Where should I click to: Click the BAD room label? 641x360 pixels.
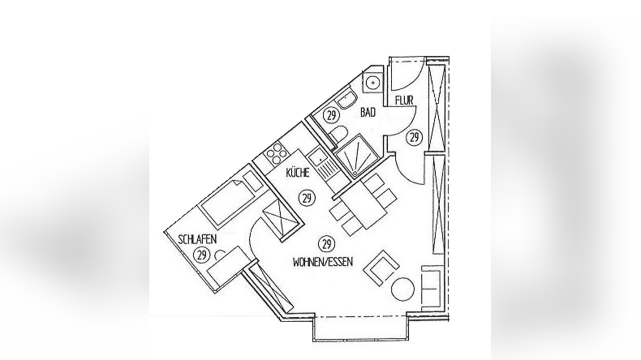coord(368,113)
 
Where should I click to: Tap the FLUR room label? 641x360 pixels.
coord(404,100)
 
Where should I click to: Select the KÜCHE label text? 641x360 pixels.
coord(298,173)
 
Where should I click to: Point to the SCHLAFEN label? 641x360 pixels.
coord(197,238)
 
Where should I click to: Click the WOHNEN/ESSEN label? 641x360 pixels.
coord(323,262)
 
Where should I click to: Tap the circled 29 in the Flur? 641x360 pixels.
coord(415,137)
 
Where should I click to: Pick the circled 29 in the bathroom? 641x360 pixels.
coord(332,115)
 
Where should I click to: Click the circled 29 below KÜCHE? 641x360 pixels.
coord(307,199)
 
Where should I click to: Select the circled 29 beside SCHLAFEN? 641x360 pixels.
coord(201,255)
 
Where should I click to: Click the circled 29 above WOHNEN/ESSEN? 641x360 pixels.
coord(326,244)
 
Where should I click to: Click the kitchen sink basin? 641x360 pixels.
coord(316,156)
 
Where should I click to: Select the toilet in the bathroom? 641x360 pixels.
coord(339,134)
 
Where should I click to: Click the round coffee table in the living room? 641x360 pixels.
coord(402,289)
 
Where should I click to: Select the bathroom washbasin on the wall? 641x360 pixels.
coord(346,101)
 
